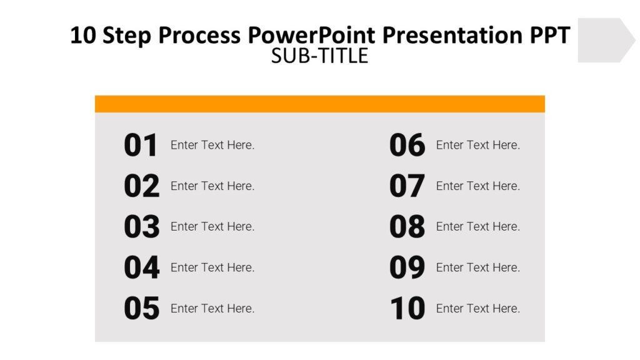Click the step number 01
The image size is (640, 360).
click(x=141, y=146)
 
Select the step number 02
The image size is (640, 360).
click(x=141, y=186)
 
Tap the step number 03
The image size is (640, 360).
click(x=141, y=227)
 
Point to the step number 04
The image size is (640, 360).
click(x=141, y=267)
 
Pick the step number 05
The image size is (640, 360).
click(x=141, y=309)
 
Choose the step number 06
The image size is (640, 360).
click(x=407, y=146)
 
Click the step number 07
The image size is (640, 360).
click(x=407, y=186)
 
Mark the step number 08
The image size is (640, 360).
click(x=407, y=227)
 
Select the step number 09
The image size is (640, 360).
click(x=407, y=267)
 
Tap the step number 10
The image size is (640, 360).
click(x=407, y=309)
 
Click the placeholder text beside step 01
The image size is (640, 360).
click(x=212, y=145)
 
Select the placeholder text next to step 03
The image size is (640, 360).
click(x=212, y=226)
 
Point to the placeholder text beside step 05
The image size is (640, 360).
click(x=212, y=308)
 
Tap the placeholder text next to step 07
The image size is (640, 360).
click(x=478, y=186)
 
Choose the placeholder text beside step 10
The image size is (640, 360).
click(x=478, y=308)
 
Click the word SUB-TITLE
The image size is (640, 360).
click(x=319, y=56)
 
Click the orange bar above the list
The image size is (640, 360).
click(x=319, y=104)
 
